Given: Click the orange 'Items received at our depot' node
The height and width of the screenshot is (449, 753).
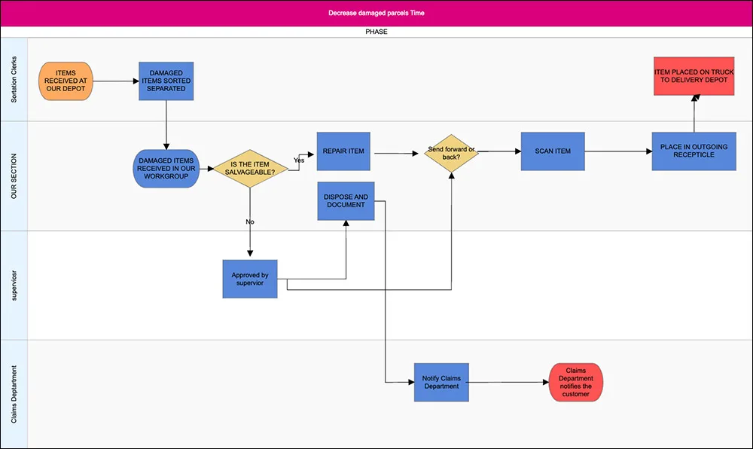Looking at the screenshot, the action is [x=66, y=81].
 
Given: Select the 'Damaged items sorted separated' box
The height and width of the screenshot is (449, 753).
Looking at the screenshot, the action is [x=166, y=81].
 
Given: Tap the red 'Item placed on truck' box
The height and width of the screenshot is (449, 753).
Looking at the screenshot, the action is [x=694, y=76].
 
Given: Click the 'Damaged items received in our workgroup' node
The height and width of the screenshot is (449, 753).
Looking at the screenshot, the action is [x=166, y=169].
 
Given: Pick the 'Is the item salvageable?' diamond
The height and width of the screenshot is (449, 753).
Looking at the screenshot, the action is [x=250, y=169].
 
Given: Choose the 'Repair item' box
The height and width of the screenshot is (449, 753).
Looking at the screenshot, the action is [x=343, y=151].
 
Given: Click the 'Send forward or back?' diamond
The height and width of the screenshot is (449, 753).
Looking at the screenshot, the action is [x=451, y=153].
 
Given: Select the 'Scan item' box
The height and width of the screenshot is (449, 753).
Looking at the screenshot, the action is [x=553, y=151].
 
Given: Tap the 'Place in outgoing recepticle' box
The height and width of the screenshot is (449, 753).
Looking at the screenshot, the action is [x=694, y=151].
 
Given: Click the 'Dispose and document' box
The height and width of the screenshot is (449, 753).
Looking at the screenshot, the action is [x=346, y=201].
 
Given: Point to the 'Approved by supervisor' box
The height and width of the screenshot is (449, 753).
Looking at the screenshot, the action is [x=250, y=279].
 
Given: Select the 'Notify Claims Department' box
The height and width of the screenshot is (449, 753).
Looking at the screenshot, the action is [x=441, y=382].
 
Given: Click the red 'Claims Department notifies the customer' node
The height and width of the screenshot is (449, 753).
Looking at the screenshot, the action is [x=576, y=382].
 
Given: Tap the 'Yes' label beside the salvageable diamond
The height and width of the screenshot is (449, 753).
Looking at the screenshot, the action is [x=299, y=160].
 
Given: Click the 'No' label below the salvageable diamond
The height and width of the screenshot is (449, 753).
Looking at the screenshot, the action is [x=250, y=221].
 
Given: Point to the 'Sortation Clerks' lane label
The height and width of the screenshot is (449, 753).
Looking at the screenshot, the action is [x=14, y=80].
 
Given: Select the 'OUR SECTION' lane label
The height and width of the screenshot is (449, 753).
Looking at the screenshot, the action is [x=14, y=176].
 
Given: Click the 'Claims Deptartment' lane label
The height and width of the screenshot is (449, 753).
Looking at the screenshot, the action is [x=14, y=394].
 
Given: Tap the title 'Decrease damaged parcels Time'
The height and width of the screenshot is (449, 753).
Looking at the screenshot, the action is [x=376, y=13].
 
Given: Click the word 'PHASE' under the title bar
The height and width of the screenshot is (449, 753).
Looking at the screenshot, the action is [x=376, y=32].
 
